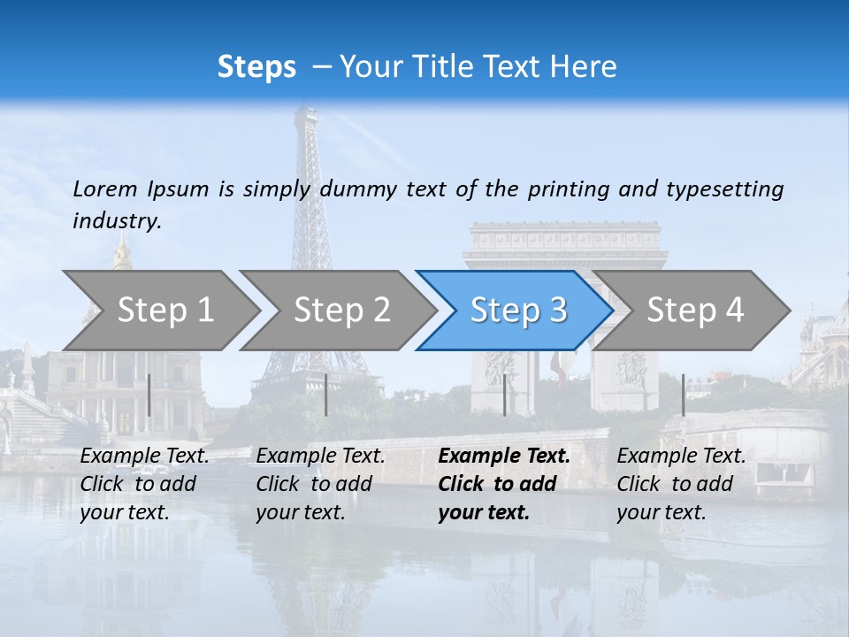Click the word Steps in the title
(x=256, y=67)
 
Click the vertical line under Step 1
(x=149, y=395)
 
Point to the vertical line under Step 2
(x=326, y=395)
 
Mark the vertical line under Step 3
(x=504, y=395)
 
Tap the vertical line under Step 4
(x=683, y=395)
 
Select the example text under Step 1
(x=144, y=484)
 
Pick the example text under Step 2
(x=320, y=484)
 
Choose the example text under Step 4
(x=681, y=484)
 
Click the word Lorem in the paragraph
(x=105, y=189)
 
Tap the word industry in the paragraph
(x=117, y=221)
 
